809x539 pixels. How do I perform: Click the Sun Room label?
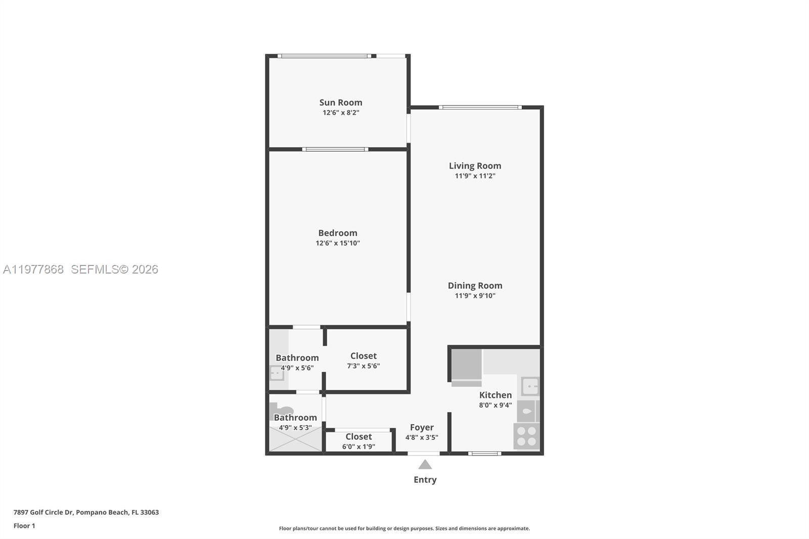[x=340, y=102]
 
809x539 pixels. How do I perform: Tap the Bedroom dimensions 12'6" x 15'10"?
[x=338, y=243]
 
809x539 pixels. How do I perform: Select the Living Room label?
[x=475, y=165]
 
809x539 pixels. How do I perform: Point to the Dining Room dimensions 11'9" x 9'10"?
[x=475, y=296]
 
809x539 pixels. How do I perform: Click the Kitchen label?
[x=495, y=395]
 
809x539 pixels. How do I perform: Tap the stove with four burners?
[x=526, y=436]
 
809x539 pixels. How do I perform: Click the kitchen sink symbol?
[x=530, y=386]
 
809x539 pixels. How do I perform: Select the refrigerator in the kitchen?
[x=466, y=365]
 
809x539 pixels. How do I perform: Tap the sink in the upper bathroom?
[x=277, y=374]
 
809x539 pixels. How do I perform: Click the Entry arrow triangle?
[x=425, y=464]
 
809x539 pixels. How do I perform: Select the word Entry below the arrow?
[x=425, y=480]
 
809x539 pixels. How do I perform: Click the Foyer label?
[x=422, y=427]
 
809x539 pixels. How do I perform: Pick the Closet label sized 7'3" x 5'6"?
[x=363, y=356]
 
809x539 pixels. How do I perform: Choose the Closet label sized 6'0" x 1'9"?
[x=358, y=436]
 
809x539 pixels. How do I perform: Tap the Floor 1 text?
[x=24, y=526]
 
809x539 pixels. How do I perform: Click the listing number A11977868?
[x=33, y=269]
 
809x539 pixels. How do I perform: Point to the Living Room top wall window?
[x=480, y=107]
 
